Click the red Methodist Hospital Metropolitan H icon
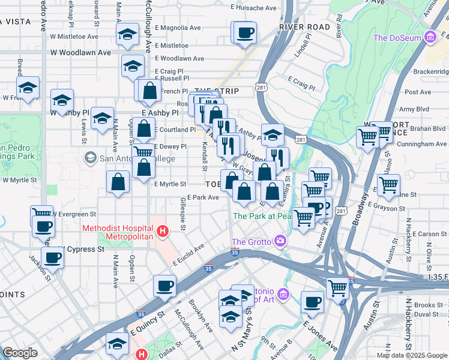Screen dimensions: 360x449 click(x=161, y=231)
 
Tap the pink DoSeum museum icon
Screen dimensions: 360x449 click(x=429, y=38)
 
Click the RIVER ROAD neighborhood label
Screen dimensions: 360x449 click(x=304, y=28)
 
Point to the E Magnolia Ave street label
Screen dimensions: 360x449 click(x=178, y=28)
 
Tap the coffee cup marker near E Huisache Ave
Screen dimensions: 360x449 click(x=244, y=33)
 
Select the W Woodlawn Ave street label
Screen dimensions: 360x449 click(x=80, y=53)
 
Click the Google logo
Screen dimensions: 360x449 click(x=20, y=353)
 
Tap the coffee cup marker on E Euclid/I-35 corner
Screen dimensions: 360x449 click(x=164, y=286)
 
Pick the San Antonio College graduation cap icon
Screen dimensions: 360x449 click(x=90, y=158)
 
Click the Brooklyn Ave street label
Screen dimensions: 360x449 click(x=200, y=316)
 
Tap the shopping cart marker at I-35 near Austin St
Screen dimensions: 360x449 click(x=338, y=289)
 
